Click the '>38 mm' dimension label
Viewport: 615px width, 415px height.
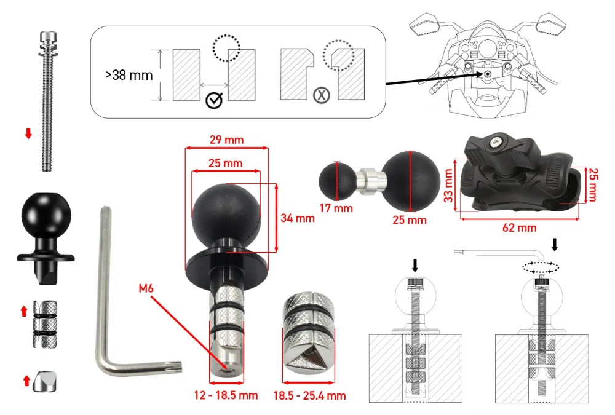tap(129, 75)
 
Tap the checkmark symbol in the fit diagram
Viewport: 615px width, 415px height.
tap(214, 100)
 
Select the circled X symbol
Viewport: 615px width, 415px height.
tap(322, 95)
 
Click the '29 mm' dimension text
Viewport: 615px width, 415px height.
tap(227, 140)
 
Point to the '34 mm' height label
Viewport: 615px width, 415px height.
tap(298, 218)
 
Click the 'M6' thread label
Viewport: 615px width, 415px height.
tap(146, 288)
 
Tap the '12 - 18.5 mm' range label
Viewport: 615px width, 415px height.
tap(226, 395)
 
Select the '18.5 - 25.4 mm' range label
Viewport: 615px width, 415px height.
tap(309, 395)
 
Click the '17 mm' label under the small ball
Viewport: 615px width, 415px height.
tap(336, 208)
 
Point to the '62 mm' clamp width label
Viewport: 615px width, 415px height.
tap(519, 227)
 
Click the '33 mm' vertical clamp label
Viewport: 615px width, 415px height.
tap(448, 186)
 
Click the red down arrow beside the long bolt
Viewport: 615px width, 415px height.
tap(28, 133)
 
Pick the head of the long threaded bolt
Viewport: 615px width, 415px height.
tap(48, 39)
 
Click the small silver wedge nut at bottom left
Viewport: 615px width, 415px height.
tap(44, 381)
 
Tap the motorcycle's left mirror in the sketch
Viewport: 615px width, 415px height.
tap(425, 25)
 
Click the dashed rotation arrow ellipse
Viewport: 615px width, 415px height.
tap(541, 267)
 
